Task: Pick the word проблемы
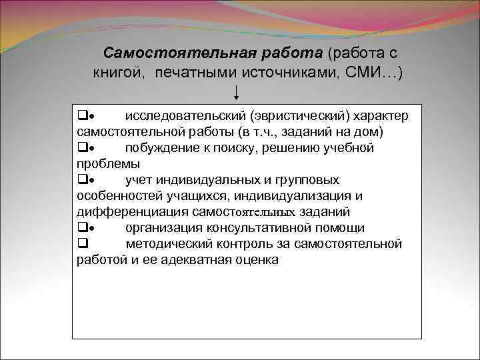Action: point(108,163)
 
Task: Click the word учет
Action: point(139,179)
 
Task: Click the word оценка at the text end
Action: point(256,260)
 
